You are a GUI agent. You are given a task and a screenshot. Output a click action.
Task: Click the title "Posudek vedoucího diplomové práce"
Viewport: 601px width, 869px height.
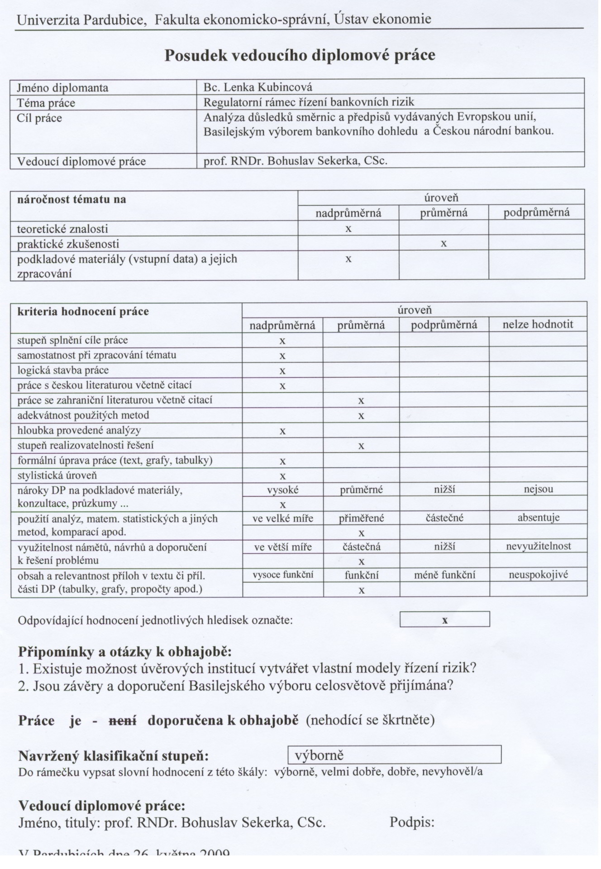pyautogui.click(x=300, y=55)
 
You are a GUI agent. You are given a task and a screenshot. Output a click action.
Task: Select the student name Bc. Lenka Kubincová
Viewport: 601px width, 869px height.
pyautogui.click(x=258, y=87)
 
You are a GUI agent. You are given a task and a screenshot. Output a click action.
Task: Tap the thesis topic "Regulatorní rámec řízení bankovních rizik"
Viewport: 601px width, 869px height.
pyautogui.click(x=309, y=102)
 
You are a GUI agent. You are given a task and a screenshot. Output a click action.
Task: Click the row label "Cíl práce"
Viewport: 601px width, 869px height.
pyautogui.click(x=39, y=118)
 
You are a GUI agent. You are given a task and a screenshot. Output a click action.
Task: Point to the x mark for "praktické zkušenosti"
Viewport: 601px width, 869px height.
pyautogui.click(x=444, y=244)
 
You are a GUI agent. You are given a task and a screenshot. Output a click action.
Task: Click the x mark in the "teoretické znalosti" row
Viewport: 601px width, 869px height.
pyautogui.click(x=348, y=229)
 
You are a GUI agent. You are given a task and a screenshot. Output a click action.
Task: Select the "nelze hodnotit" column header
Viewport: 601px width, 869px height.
pyautogui.click(x=538, y=324)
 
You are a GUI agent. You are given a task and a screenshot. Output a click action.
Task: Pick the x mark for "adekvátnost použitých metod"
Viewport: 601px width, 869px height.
pyautogui.click(x=361, y=416)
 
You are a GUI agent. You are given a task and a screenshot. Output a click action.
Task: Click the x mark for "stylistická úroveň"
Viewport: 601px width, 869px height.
pyautogui.click(x=282, y=476)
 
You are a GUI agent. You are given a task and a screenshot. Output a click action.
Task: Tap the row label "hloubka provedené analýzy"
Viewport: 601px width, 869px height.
pyautogui.click(x=79, y=430)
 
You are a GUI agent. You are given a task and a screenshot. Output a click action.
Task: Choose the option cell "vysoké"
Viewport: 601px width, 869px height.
pyautogui.click(x=282, y=490)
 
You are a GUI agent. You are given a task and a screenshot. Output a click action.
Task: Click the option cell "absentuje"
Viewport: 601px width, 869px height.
pyautogui.click(x=538, y=518)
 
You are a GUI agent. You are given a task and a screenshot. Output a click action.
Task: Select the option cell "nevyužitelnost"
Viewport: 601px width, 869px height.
pyautogui.click(x=538, y=546)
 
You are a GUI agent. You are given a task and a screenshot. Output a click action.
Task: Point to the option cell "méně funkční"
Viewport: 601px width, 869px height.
pyautogui.click(x=444, y=575)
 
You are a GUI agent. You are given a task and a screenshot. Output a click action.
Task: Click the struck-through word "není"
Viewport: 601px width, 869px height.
pyautogui.click(x=122, y=720)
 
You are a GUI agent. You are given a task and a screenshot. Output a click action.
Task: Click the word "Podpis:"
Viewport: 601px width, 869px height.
pyautogui.click(x=412, y=822)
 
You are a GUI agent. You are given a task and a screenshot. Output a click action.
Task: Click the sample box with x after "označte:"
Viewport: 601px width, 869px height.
pyautogui.click(x=444, y=619)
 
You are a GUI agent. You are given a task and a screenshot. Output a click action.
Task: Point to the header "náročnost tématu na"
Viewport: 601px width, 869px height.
pyautogui.click(x=72, y=199)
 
